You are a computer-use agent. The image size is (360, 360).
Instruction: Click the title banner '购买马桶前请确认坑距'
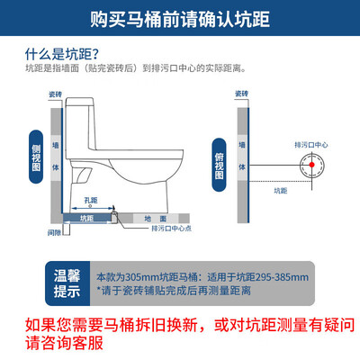click(180, 17)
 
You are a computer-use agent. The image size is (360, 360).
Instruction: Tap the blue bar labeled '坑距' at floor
click(86, 218)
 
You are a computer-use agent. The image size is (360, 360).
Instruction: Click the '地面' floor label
click(154, 218)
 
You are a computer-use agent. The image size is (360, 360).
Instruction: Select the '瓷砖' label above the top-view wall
click(241, 93)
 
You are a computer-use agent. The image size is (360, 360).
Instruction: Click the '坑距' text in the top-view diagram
click(282, 190)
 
